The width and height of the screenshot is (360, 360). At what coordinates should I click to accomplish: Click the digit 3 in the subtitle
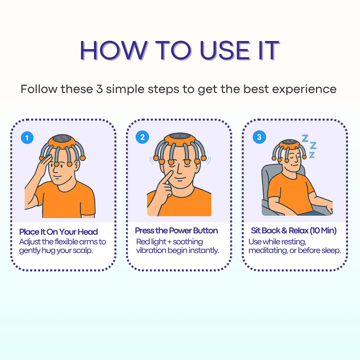pos(100,89)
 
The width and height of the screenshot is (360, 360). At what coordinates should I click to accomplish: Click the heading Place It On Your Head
pos(58,232)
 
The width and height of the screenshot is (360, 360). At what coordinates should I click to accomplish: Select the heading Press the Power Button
pos(176,230)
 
